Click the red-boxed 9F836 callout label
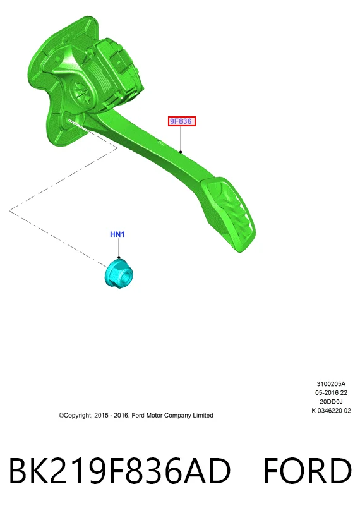[182, 121]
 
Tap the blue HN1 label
[117, 234]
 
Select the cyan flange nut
[119, 274]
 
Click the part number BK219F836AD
[119, 471]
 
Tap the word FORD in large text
[308, 471]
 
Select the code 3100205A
[331, 383]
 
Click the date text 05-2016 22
[331, 392]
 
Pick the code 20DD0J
[331, 401]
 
